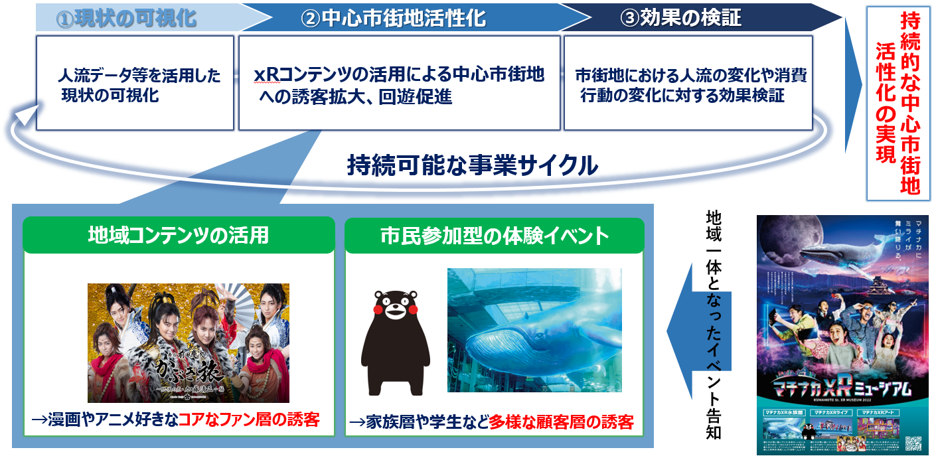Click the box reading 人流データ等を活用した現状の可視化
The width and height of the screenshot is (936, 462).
tap(135, 84)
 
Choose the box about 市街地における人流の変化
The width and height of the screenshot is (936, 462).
tap(688, 84)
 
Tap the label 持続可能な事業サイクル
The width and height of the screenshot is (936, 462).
tap(471, 165)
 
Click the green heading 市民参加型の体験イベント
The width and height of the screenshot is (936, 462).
tap(494, 235)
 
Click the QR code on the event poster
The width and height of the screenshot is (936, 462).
tap(915, 442)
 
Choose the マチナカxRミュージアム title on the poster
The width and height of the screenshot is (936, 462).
tap(841, 386)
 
